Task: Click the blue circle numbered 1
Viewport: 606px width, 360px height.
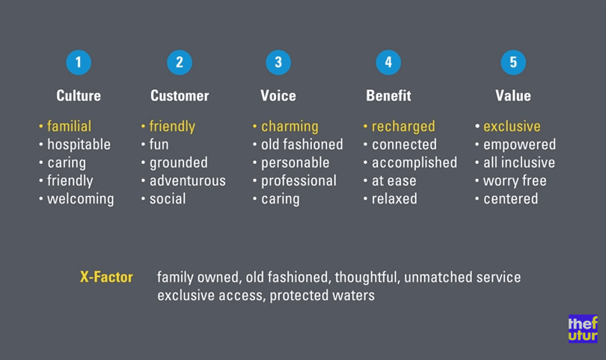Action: pos(79,62)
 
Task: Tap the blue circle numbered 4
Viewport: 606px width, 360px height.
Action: pos(388,62)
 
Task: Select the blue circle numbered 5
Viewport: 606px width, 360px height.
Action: pos(513,62)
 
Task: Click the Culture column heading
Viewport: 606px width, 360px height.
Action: pos(79,96)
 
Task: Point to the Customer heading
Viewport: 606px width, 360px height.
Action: pos(180,96)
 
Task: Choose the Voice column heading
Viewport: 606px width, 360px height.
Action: pos(278,96)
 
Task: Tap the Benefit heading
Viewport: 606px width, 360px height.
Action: pos(388,96)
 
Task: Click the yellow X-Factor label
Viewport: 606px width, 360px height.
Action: pos(106,277)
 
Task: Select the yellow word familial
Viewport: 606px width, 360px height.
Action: pos(69,126)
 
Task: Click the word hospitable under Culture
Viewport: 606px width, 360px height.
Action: pos(79,144)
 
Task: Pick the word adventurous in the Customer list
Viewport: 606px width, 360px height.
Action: pos(188,180)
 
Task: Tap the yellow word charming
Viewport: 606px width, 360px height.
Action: pos(290,126)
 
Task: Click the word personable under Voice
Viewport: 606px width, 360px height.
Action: pos(296,163)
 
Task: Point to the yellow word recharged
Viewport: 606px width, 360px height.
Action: pos(403,126)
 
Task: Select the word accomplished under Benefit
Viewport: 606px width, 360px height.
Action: pos(414,163)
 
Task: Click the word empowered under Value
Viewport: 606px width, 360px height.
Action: pos(519,145)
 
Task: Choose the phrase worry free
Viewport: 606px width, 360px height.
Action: pos(515,181)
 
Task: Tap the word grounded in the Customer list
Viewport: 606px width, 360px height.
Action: pos(179,163)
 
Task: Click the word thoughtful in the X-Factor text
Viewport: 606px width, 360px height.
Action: pos(366,277)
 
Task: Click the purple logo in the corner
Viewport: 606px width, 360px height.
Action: pos(583,329)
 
